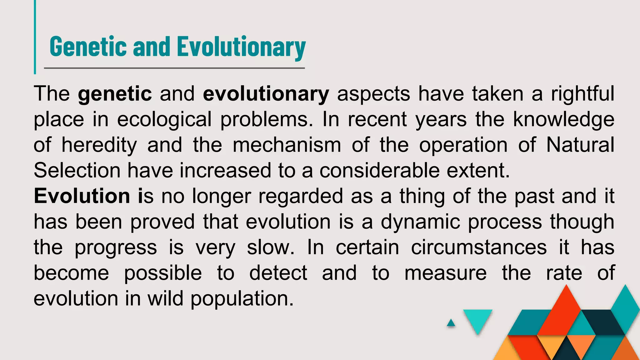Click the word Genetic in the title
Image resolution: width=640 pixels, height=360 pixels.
pyautogui.click(x=88, y=47)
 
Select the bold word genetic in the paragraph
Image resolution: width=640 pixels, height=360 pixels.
pyautogui.click(x=115, y=94)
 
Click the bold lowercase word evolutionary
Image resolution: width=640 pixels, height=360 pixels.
pyautogui.click(x=266, y=94)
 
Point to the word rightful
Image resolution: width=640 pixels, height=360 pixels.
pyautogui.click(x=582, y=94)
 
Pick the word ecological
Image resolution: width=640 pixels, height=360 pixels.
pyautogui.click(x=164, y=119)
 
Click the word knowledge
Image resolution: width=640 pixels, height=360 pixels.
pyautogui.click(x=564, y=119)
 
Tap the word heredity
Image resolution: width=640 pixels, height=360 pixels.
pyautogui.click(x=99, y=145)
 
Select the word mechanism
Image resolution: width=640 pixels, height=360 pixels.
pyautogui.click(x=287, y=145)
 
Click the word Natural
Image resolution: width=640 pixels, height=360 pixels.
pyautogui.click(x=580, y=145)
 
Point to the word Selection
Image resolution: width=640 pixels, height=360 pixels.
pyautogui.click(x=77, y=171)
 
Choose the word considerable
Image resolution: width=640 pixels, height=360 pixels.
pyautogui.click(x=379, y=171)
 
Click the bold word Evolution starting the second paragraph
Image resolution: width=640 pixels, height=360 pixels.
pyautogui.click(x=82, y=196)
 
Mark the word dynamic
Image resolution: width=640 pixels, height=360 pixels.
pyautogui.click(x=420, y=222)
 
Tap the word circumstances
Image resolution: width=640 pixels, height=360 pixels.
pyautogui.click(x=479, y=247)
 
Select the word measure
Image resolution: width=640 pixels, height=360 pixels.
pyautogui.click(x=445, y=273)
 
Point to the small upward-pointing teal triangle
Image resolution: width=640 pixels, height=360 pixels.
pyautogui.click(x=451, y=323)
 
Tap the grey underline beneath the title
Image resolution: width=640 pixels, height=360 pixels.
pyautogui.click(x=174, y=68)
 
